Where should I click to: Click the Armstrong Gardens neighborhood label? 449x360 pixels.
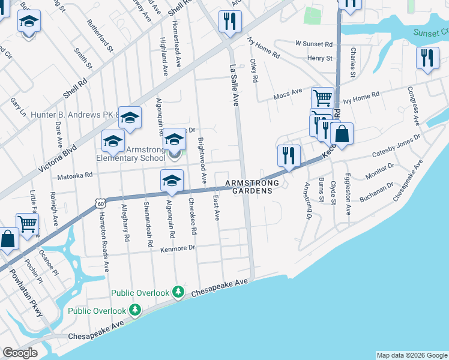tap(249, 187)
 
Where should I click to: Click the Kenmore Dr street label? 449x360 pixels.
tap(179, 247)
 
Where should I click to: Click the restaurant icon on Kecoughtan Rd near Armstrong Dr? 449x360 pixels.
tap(289, 155)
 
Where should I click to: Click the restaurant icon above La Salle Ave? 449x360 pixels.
tap(229, 22)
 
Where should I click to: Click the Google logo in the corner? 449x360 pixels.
tap(20, 353)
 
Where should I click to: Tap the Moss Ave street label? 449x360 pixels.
tap(287, 93)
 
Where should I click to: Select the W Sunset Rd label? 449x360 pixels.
tap(313, 44)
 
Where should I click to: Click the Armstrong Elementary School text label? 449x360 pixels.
tap(130, 154)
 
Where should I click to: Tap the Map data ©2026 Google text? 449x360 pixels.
tap(412, 355)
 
